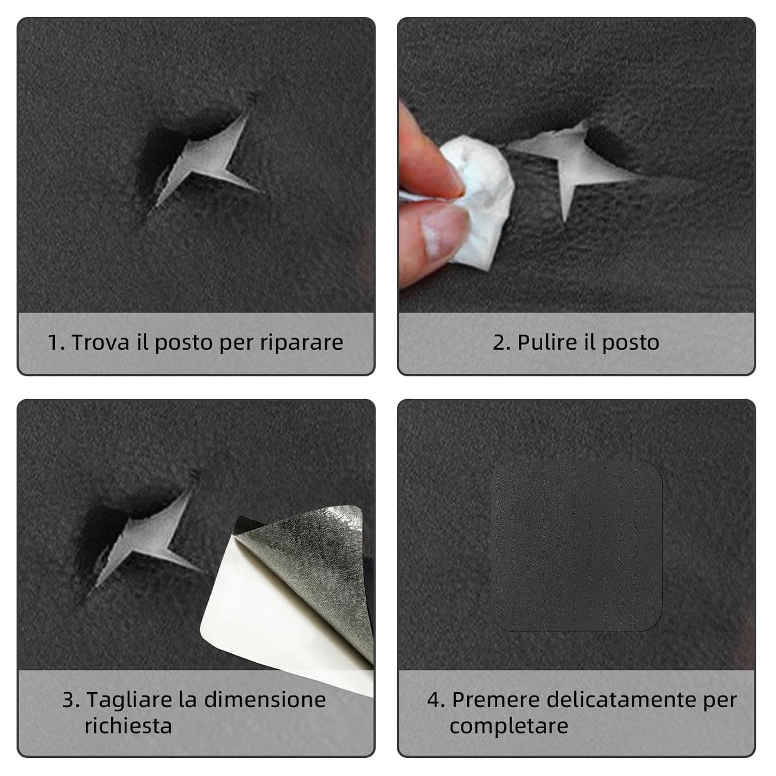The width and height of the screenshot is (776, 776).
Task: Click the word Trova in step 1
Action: tap(100, 342)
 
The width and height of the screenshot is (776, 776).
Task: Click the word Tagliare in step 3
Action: tap(129, 700)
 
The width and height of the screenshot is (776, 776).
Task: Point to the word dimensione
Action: tap(265, 700)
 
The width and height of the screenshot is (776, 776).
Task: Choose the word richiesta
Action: tap(128, 725)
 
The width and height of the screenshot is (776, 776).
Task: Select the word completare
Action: tap(509, 726)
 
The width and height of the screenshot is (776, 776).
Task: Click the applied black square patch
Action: tap(576, 546)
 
